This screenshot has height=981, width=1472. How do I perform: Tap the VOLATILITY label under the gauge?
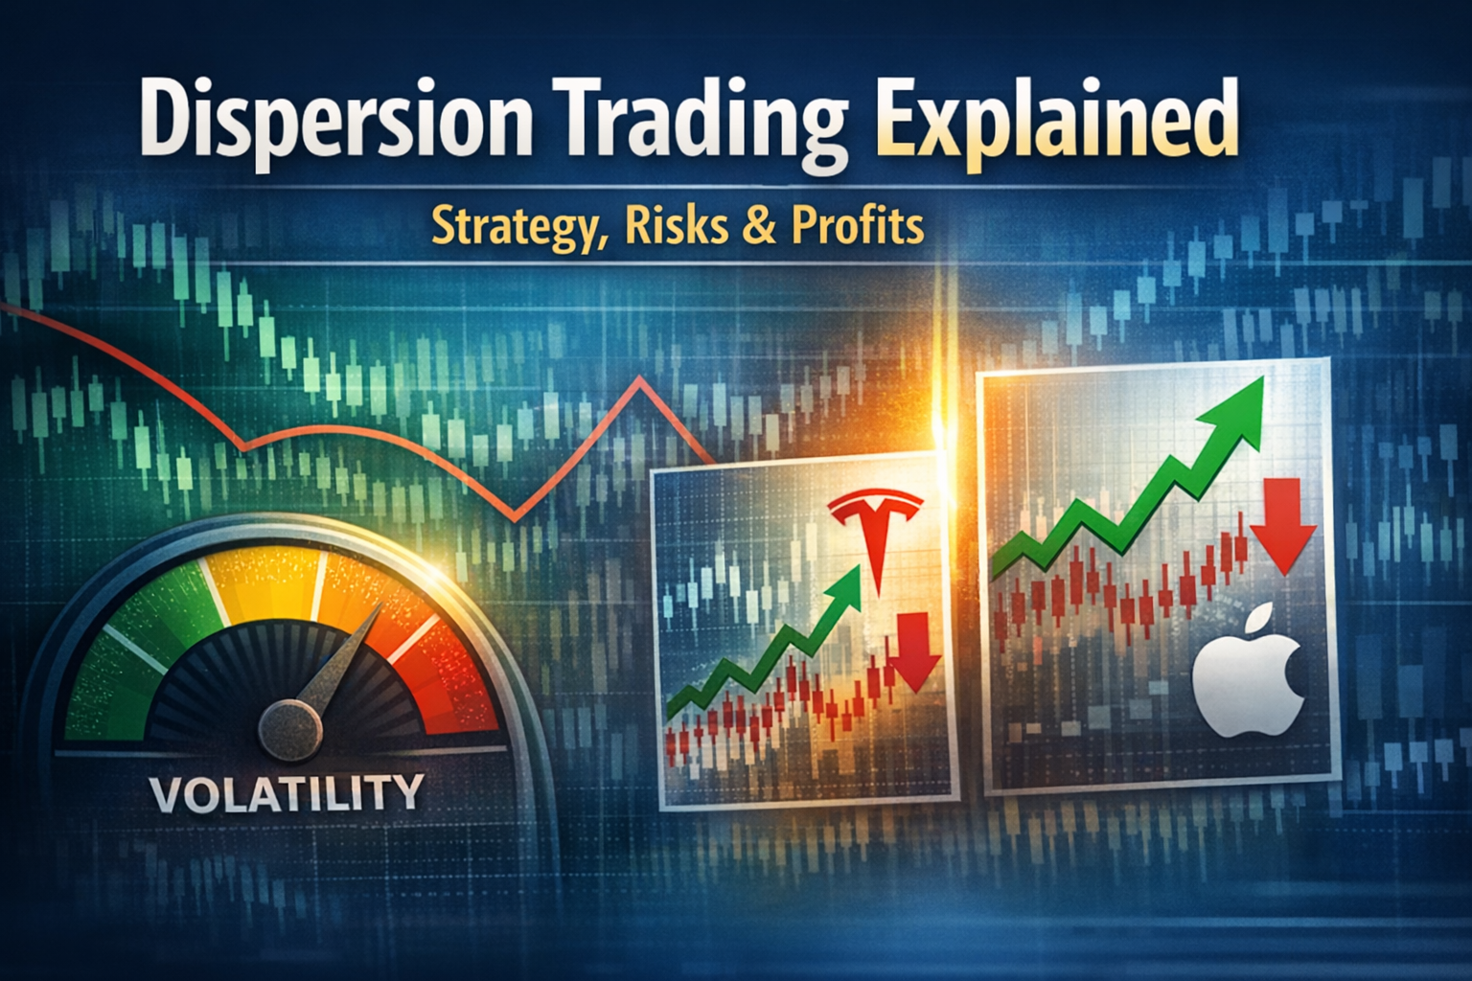(286, 792)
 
